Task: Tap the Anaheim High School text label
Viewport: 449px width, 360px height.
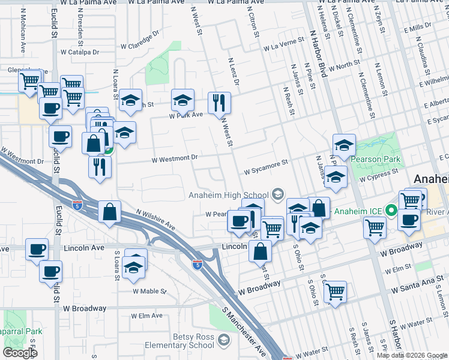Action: pos(228,195)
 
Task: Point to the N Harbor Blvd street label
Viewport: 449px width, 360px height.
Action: pos(318,55)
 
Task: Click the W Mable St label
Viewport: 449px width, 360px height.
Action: pos(149,291)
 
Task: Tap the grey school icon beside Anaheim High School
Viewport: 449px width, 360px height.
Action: pos(277,193)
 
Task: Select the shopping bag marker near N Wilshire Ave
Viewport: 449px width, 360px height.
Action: pos(110,212)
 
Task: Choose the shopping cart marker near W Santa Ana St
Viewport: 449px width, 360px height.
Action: pos(336,292)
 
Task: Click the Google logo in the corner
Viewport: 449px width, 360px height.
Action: pos(20,353)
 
